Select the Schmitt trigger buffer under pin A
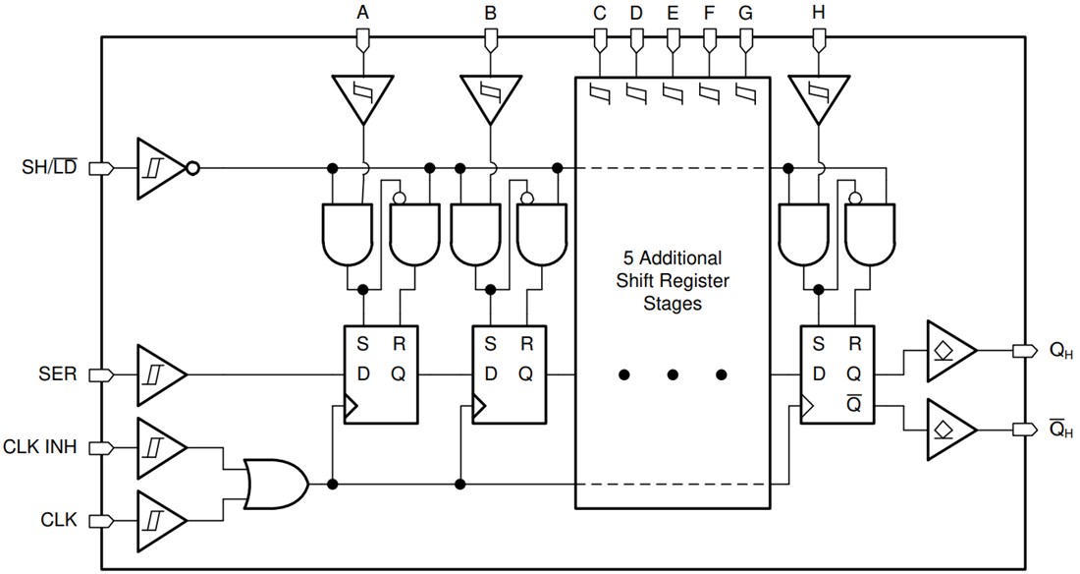coord(363,98)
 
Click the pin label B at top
coord(491,14)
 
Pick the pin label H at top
coord(818,14)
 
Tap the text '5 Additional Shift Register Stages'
coord(673,281)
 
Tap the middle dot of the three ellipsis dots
coord(673,374)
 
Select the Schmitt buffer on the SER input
coord(160,374)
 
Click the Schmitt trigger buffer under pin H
coord(818,98)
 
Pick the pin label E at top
coord(673,14)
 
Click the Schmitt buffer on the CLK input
coord(160,518)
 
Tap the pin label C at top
coord(599,14)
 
